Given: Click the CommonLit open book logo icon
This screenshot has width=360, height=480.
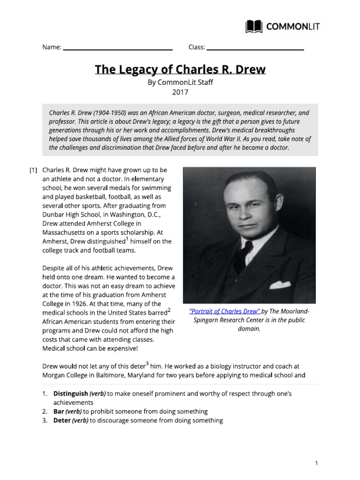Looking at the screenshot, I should point(255,27).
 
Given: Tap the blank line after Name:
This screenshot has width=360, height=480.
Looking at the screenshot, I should point(118,48).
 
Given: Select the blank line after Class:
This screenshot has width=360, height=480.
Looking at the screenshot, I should point(255,48).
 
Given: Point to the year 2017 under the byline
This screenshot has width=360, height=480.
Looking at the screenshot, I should point(180,92).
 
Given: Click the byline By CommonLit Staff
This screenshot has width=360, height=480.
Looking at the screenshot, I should point(180,82).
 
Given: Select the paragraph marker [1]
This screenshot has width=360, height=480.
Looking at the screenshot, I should point(33,170).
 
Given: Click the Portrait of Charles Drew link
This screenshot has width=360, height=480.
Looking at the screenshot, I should point(225,311).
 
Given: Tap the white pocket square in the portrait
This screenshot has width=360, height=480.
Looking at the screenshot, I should point(280,284).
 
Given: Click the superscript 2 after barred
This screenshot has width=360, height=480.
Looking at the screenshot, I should point(169,310).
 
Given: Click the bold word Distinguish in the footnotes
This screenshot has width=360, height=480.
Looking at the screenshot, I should point(71,394).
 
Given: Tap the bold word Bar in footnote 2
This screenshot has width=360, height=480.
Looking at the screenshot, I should point(59,412).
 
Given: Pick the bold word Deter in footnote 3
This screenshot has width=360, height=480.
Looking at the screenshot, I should point(62,420).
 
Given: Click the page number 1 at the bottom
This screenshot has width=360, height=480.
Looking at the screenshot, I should point(316,463).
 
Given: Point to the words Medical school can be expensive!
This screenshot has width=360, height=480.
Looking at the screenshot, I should point(90,348).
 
